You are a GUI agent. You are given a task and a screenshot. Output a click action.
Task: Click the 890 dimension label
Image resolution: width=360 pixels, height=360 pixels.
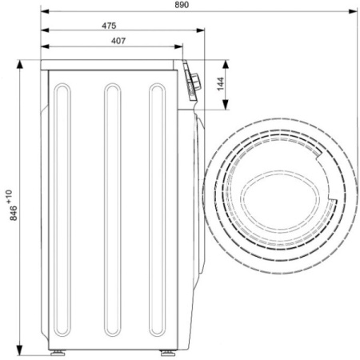point(182,5)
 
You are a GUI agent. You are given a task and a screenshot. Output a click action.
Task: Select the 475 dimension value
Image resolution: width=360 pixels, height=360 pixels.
point(109,26)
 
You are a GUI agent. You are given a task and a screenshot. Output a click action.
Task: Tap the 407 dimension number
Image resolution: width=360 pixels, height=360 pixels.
point(118,41)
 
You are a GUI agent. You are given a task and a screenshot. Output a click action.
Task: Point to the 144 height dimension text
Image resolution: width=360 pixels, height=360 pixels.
point(221,84)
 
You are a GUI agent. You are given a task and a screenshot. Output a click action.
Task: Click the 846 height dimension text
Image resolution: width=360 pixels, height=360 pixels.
point(14,213)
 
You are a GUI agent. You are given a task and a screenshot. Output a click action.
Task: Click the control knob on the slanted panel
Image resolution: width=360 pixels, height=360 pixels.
point(196,81)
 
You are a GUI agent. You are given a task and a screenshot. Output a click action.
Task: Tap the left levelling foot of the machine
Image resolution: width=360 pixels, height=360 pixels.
point(58,353)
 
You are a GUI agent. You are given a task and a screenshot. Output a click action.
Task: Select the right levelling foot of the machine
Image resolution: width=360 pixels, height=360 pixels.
point(168,353)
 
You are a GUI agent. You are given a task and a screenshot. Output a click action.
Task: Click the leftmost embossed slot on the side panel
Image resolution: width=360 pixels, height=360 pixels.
point(62,210)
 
